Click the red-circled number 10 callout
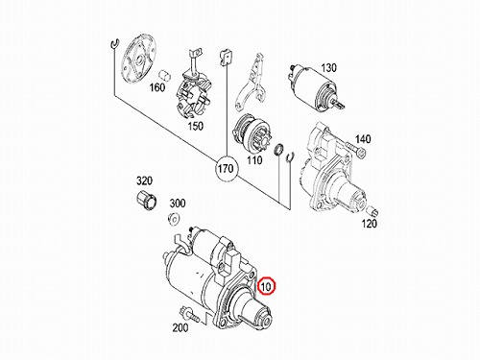[x=266, y=286]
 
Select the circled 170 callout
[x=227, y=169]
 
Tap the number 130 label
[x=328, y=68]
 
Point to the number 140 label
[x=363, y=139]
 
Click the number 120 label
[x=369, y=224]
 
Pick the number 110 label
[x=254, y=160]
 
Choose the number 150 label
[x=195, y=126]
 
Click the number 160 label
[x=157, y=87]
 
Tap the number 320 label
[x=144, y=181]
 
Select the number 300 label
[x=178, y=203]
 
